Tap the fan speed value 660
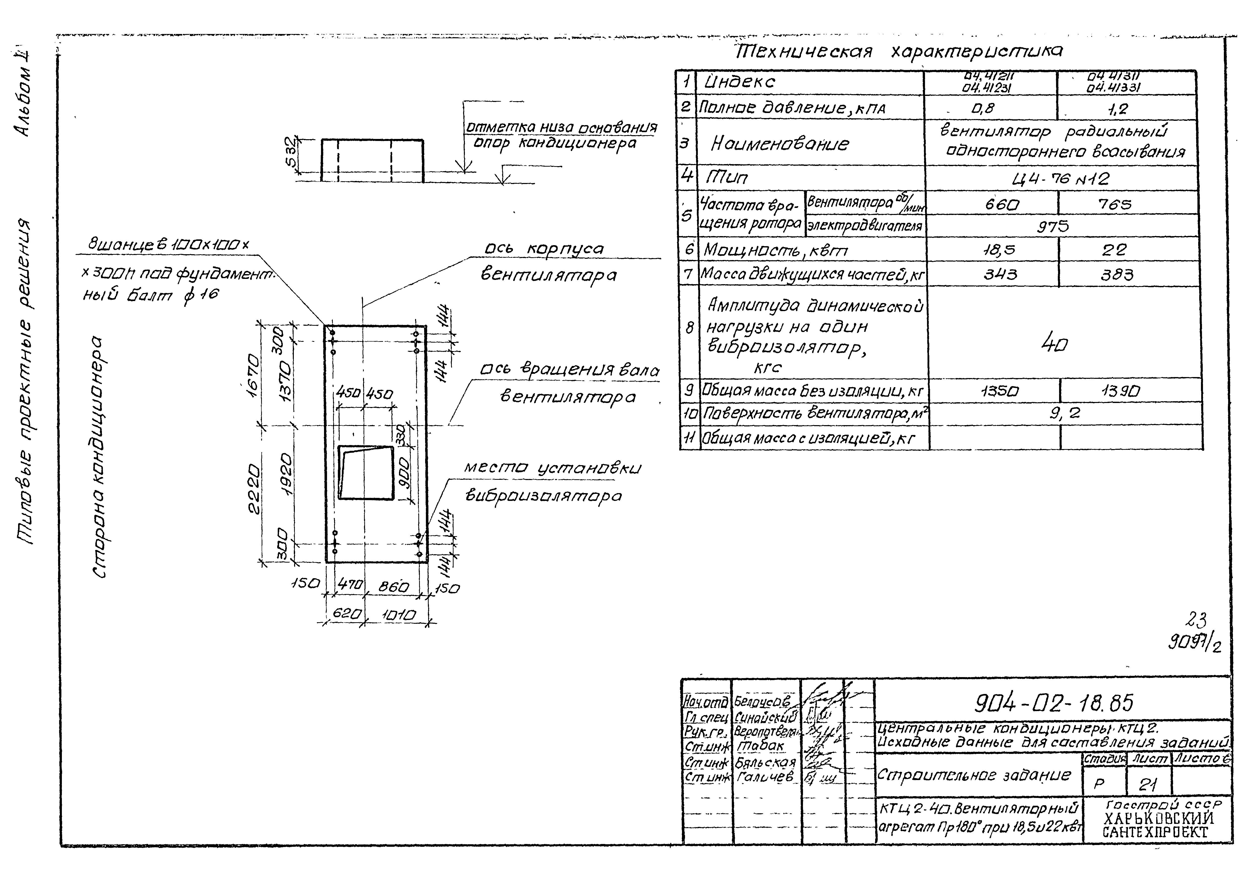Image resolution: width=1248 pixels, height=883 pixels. pyautogui.click(x=1002, y=205)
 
